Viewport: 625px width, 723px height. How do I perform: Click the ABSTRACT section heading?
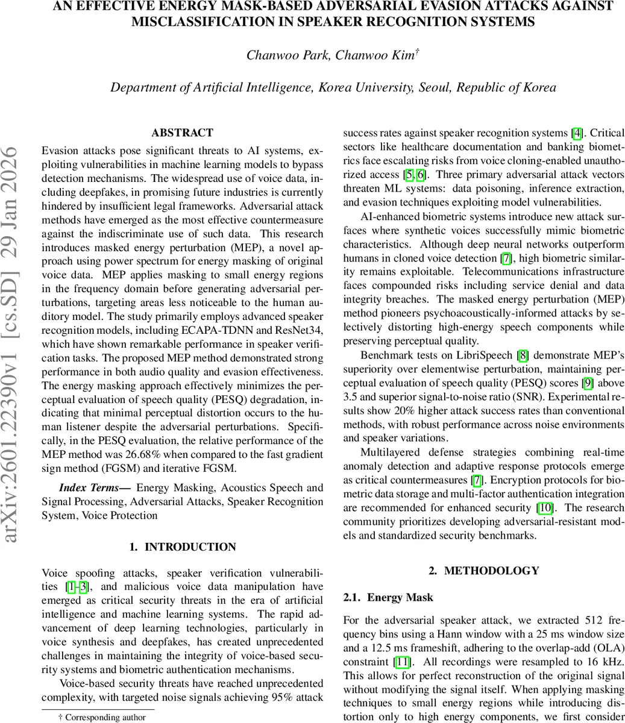tap(182, 133)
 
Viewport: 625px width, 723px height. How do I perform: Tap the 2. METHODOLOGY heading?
tap(483, 571)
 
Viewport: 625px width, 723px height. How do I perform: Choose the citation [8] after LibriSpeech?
tap(524, 355)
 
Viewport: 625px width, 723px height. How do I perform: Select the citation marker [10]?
tap(545, 508)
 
